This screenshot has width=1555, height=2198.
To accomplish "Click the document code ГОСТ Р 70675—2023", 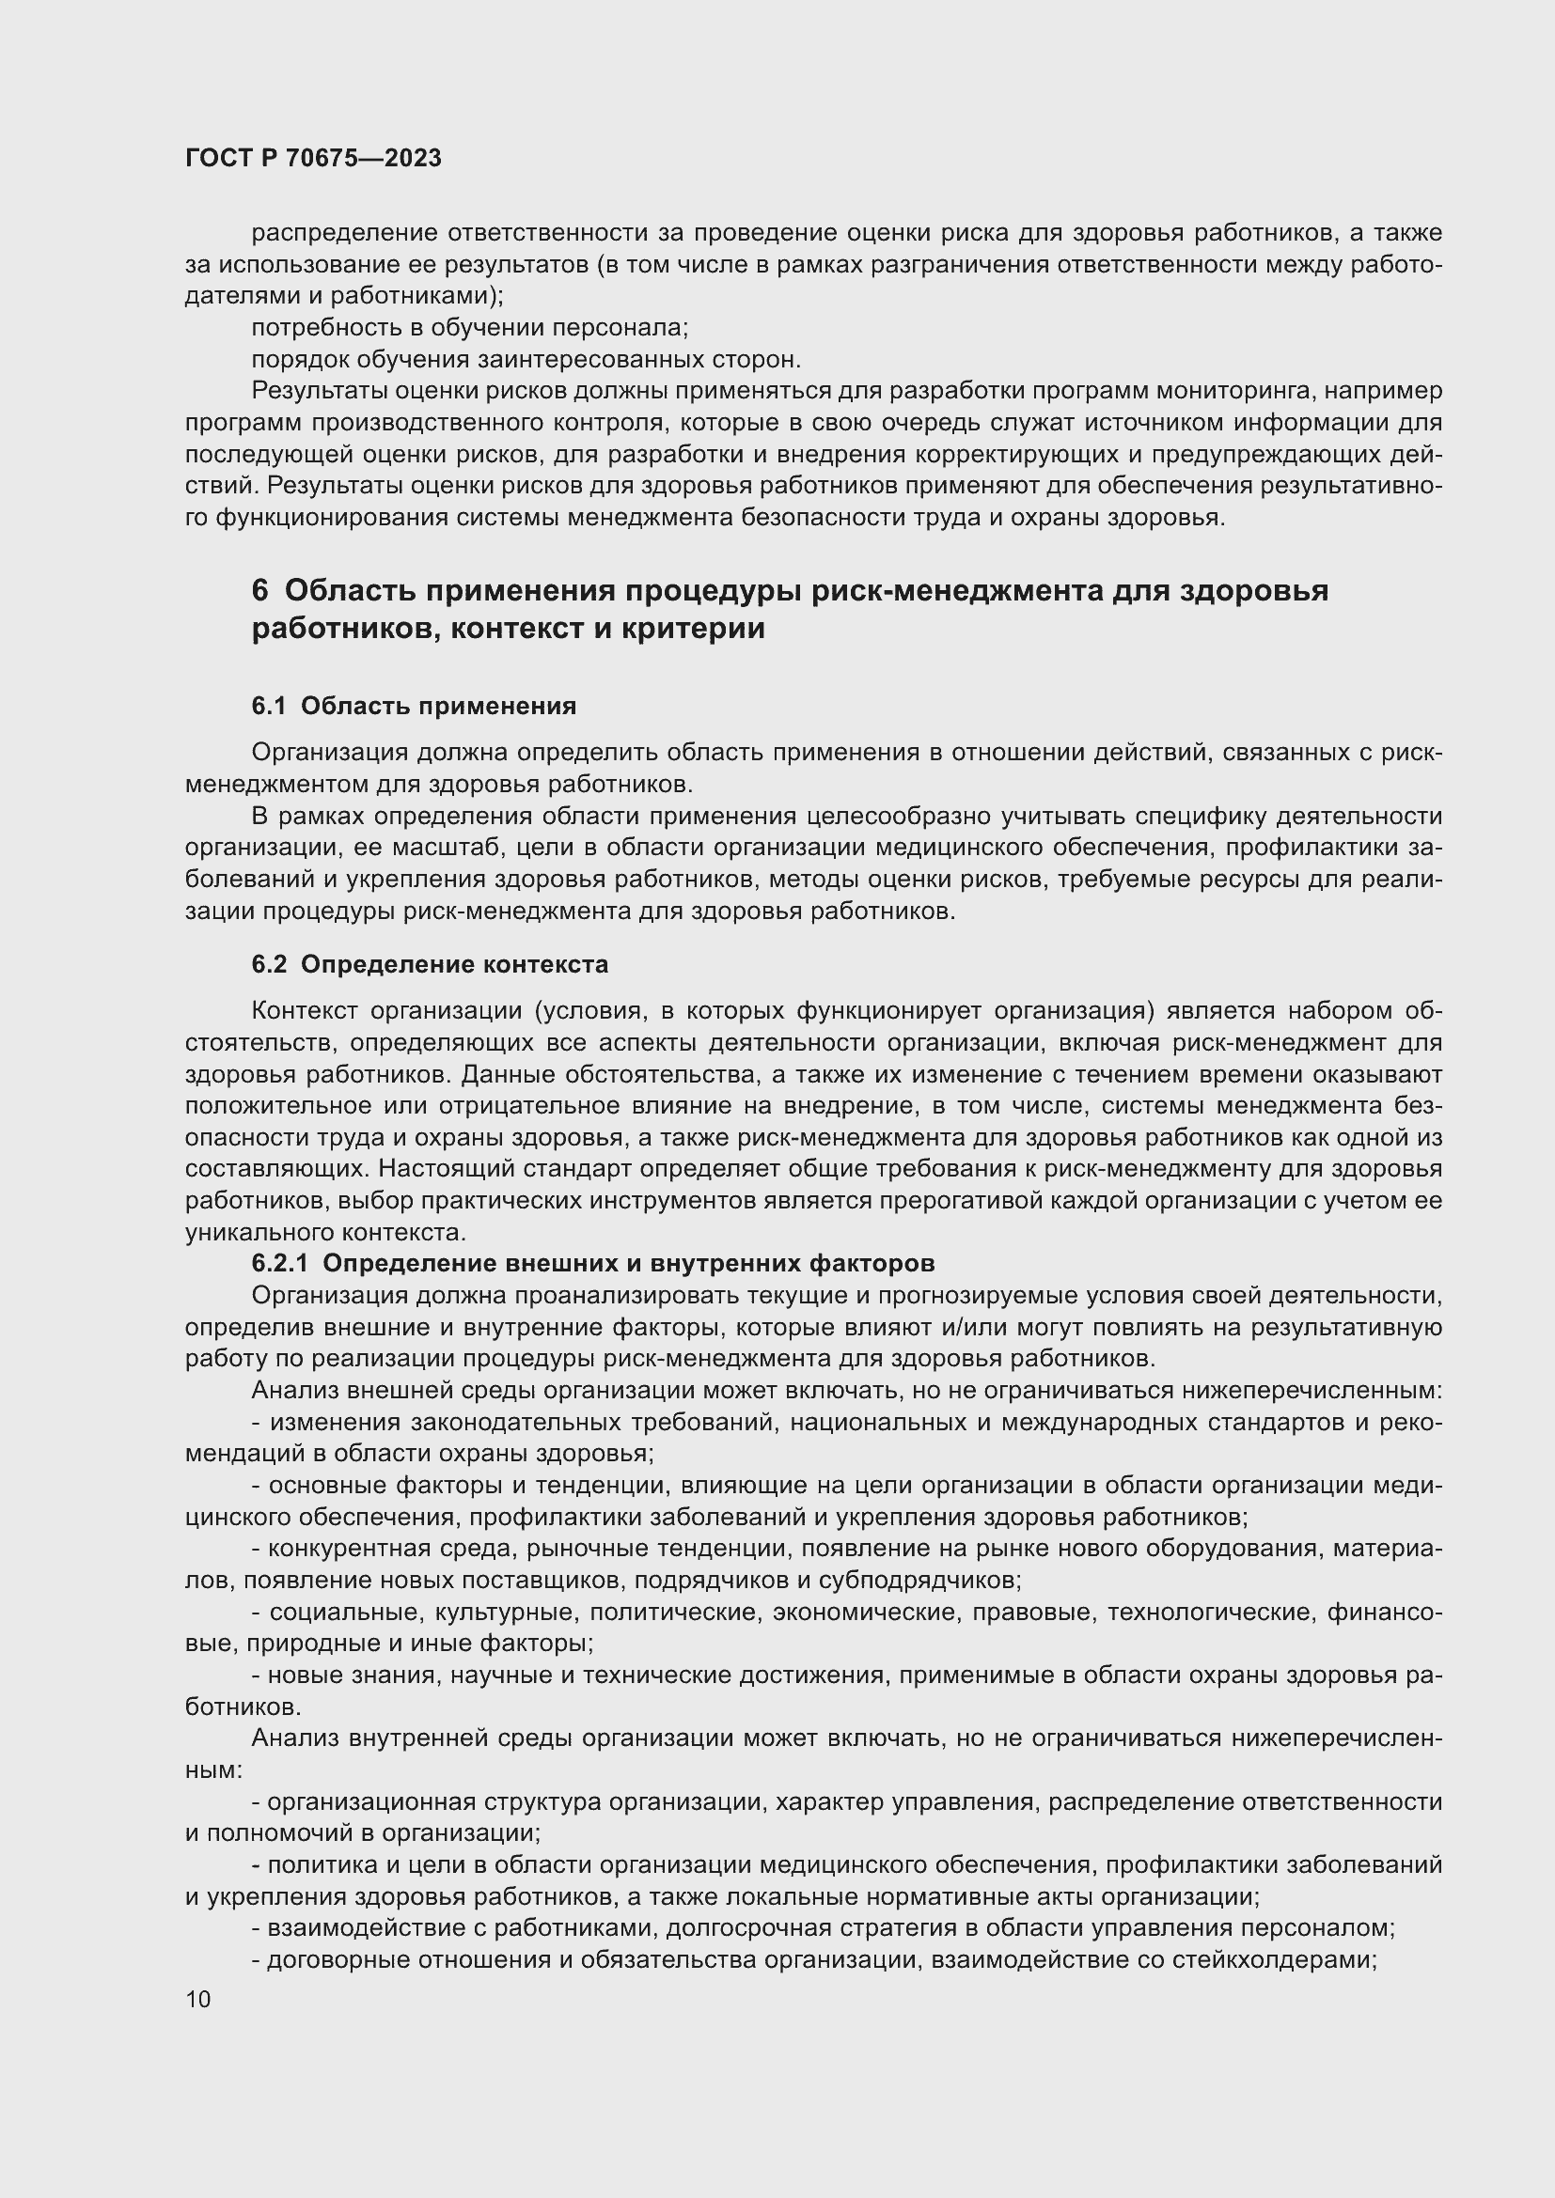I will tap(313, 158).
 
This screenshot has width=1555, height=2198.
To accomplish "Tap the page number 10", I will tap(198, 1999).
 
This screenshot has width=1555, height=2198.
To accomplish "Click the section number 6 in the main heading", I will tap(259, 591).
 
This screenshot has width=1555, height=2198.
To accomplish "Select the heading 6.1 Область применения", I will tap(414, 706).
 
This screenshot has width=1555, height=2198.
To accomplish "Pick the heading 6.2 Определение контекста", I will tap(430, 964).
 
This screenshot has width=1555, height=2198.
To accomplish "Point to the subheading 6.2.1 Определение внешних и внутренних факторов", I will tap(592, 1263).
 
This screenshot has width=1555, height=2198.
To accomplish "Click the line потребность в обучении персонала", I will tap(469, 327).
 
